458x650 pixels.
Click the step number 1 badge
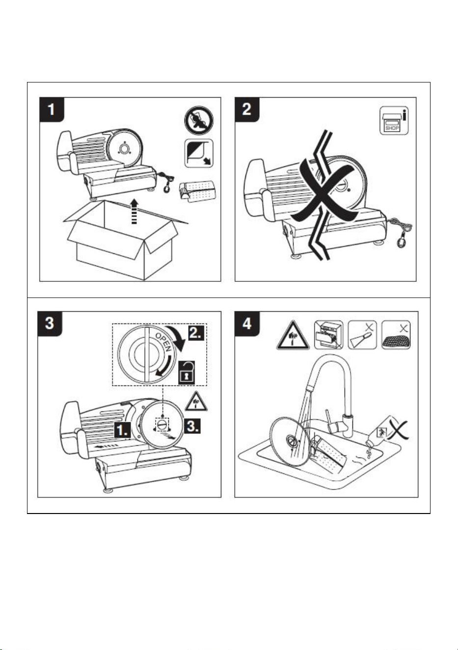pyautogui.click(x=52, y=109)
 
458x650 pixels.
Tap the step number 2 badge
pyautogui.click(x=247, y=109)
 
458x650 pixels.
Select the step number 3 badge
pyautogui.click(x=50, y=324)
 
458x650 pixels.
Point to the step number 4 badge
pyautogui.click(x=247, y=324)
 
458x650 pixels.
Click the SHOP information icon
pyautogui.click(x=394, y=121)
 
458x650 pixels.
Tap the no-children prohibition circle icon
pyautogui.click(x=199, y=120)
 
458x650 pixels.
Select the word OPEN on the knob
pyautogui.click(x=163, y=342)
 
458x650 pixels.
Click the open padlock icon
pyautogui.click(x=187, y=372)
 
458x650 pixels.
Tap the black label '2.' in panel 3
pyautogui.click(x=196, y=333)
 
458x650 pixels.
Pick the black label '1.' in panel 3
pyautogui.click(x=123, y=430)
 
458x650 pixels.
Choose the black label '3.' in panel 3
pyautogui.click(x=192, y=426)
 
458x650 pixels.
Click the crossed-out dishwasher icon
pyautogui.click(x=328, y=335)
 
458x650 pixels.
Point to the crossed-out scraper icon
pyautogui.click(x=362, y=335)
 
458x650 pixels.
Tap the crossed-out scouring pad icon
pyautogui.click(x=396, y=335)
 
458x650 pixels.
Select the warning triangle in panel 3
pyautogui.click(x=196, y=402)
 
